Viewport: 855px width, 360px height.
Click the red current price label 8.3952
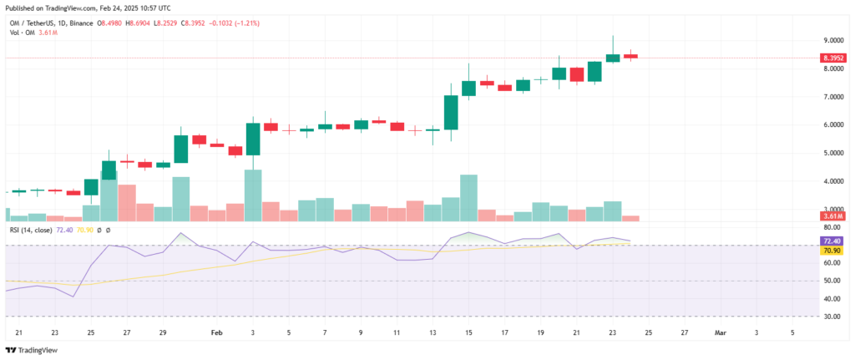click(832, 58)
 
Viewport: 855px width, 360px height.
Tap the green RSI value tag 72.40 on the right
click(832, 241)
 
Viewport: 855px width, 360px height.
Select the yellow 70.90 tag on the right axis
click(832, 250)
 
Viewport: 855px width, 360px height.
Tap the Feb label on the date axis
click(216, 332)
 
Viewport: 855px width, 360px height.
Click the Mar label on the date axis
click(720, 332)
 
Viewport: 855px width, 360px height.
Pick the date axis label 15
click(468, 332)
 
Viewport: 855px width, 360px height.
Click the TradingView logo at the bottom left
click(33, 350)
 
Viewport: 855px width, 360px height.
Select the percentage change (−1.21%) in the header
click(243, 23)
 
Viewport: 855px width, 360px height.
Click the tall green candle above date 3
click(253, 139)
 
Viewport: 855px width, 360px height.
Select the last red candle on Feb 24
click(631, 56)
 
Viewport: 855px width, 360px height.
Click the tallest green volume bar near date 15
click(468, 198)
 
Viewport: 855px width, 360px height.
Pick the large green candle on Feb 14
click(451, 113)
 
